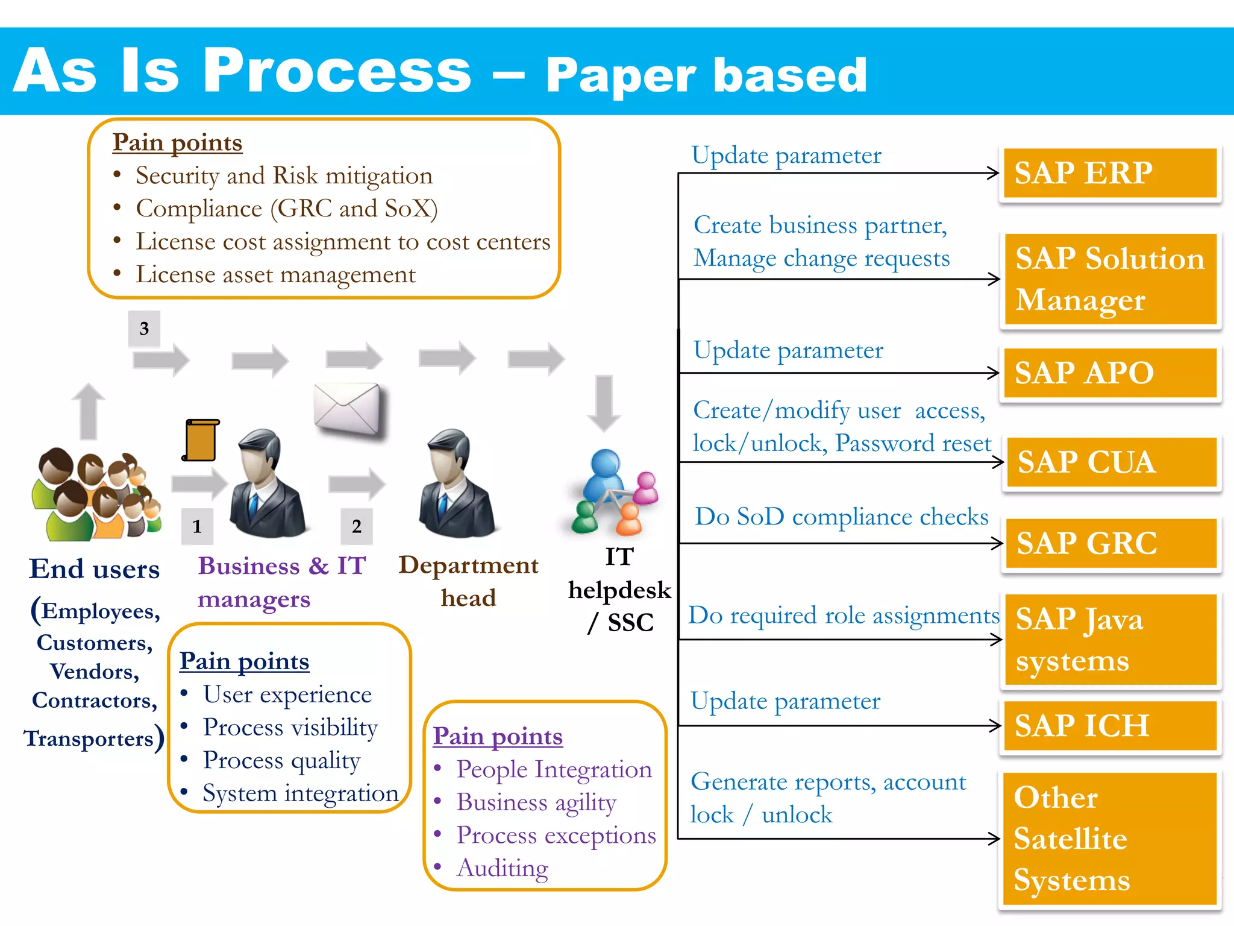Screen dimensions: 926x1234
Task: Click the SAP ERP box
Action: tap(1110, 173)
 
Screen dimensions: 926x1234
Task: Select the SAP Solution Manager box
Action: tap(1110, 279)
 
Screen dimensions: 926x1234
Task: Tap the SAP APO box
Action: tap(1110, 373)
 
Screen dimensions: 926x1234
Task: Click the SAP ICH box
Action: tap(1110, 725)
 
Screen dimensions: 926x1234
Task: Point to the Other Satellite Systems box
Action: tap(1110, 839)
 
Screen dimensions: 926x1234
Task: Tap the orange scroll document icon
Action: tap(201, 440)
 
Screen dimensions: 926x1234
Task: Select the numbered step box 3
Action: tap(144, 329)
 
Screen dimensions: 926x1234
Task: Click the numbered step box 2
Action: tap(357, 526)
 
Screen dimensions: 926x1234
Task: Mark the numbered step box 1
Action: tap(197, 526)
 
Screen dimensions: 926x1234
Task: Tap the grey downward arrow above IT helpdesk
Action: tap(604, 403)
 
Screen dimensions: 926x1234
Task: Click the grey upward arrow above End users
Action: tap(89, 411)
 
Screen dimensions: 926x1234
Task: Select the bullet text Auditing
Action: tap(503, 868)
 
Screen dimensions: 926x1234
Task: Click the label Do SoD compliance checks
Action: tap(841, 517)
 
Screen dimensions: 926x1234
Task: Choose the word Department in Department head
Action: tap(468, 565)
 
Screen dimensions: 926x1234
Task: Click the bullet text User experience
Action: tap(287, 694)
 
